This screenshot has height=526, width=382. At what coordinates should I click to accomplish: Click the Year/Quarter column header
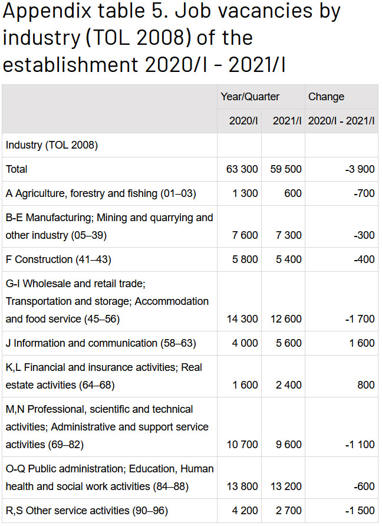(250, 97)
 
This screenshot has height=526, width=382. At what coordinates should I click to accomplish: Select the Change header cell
(326, 97)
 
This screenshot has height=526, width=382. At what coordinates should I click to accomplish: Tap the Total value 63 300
(242, 169)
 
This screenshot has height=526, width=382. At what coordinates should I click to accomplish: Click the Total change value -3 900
(360, 169)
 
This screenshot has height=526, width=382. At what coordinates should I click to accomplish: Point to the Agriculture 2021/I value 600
(293, 193)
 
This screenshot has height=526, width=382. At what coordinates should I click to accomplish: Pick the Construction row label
(58, 259)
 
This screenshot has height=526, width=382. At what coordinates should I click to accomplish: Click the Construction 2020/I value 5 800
(245, 259)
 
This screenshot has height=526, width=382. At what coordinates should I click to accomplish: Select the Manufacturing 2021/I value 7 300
(288, 235)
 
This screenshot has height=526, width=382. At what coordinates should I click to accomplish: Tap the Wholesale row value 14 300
(242, 318)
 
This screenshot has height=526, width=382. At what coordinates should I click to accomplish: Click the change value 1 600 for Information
(362, 343)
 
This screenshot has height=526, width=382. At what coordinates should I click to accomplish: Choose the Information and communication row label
(101, 343)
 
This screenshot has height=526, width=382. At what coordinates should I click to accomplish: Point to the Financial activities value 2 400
(288, 385)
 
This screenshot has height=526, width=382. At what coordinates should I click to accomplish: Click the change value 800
(366, 385)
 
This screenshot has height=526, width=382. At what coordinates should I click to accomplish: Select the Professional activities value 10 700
(242, 445)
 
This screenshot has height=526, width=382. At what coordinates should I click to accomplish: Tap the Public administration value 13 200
(286, 486)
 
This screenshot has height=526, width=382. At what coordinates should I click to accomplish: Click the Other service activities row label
(87, 511)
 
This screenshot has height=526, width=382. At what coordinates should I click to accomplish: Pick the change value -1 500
(360, 511)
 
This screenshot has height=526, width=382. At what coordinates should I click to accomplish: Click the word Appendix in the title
(47, 12)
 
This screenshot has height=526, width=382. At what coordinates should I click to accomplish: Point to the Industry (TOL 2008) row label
(52, 145)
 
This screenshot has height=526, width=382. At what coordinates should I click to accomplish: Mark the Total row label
(17, 169)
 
